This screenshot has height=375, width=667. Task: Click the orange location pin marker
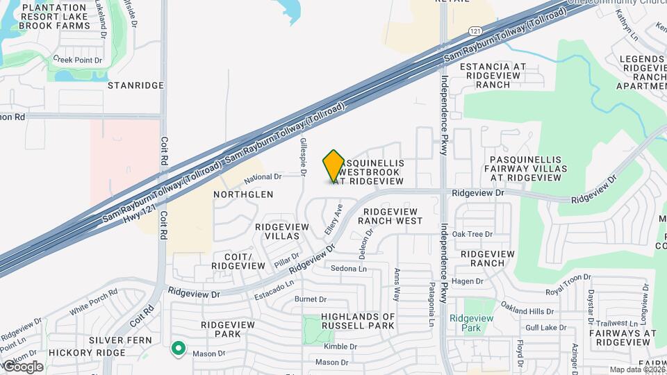(333, 167)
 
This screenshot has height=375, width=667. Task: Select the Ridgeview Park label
(471, 323)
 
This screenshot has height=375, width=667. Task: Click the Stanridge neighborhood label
(136, 85)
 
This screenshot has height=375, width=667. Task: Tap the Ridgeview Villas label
(277, 231)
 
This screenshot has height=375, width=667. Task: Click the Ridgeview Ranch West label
(390, 216)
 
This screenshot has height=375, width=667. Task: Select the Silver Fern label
(115, 340)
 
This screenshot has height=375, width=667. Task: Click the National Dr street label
(263, 177)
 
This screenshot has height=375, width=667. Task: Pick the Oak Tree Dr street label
(472, 234)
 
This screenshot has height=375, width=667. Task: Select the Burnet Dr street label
(311, 299)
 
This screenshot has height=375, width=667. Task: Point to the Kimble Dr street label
(340, 346)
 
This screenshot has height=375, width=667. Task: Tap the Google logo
(22, 366)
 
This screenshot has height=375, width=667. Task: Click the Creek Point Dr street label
(78, 60)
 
